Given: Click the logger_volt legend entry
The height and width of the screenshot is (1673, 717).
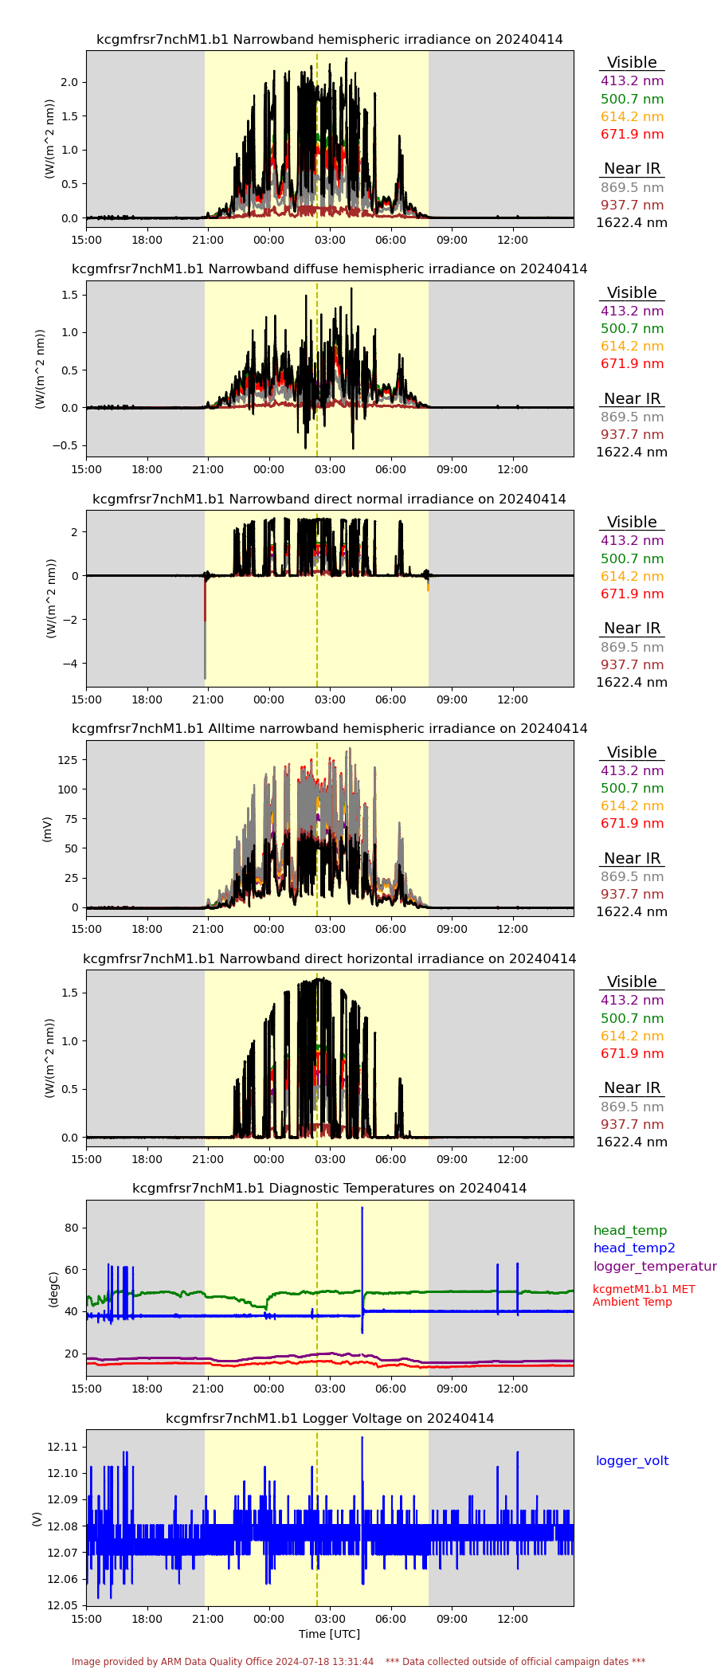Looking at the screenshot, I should (x=632, y=1460).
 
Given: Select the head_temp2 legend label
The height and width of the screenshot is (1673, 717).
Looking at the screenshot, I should (x=634, y=1248).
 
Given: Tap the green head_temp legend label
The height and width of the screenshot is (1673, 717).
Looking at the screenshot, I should (x=630, y=1230).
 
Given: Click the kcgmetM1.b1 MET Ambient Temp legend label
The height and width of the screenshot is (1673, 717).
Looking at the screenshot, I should (x=644, y=1295).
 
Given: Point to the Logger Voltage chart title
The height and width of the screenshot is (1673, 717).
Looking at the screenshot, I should (x=330, y=1418).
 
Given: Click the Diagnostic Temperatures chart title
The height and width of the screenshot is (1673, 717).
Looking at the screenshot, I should (x=330, y=1188).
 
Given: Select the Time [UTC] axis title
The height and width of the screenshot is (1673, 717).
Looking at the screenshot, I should (x=329, y=1633).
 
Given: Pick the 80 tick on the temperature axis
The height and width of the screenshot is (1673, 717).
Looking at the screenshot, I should (x=72, y=1228).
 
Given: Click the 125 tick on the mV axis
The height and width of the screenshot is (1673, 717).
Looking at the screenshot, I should (x=68, y=760).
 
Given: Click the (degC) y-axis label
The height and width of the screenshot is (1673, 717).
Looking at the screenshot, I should (x=53, y=1289).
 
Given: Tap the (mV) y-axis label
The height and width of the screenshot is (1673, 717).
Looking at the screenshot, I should (x=47, y=829).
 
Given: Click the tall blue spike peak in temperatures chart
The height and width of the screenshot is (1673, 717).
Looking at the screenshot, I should (x=362, y=1209).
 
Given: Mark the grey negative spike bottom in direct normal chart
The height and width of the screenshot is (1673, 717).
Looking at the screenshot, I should (x=205, y=677).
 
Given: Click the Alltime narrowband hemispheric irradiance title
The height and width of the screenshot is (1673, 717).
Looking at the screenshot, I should (x=330, y=728).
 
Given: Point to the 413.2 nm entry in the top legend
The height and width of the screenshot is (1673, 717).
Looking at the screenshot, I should (x=632, y=81).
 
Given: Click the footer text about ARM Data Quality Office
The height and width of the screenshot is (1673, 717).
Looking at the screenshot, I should (x=222, y=1661).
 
